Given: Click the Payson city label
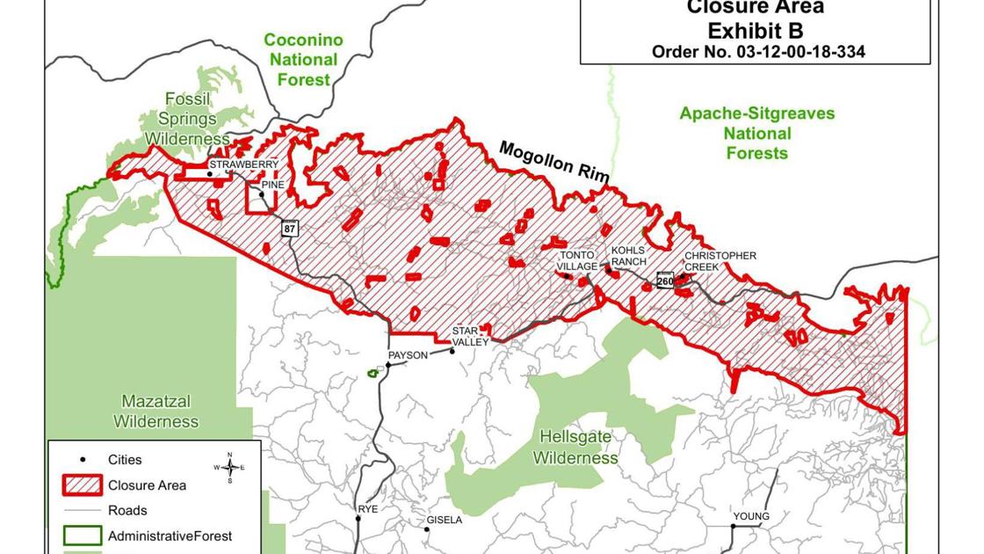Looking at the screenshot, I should [408, 355].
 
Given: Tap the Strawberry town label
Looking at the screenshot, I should [243, 164].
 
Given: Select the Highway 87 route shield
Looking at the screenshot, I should [289, 229].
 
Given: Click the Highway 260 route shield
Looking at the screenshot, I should [665, 281].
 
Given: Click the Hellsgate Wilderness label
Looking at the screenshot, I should [575, 448].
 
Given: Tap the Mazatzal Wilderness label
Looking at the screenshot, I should [156, 412].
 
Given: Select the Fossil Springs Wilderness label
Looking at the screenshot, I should [187, 119].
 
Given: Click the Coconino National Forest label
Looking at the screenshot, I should [303, 60].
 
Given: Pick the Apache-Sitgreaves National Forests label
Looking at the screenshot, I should [756, 133].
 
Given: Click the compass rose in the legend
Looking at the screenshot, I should [229, 467].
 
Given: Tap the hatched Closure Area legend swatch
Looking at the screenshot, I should [83, 485].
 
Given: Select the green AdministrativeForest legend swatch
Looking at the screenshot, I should [83, 536].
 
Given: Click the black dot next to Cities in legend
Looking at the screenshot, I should [83, 459].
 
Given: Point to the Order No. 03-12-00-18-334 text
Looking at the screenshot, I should [757, 52].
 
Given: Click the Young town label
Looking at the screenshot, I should [751, 516].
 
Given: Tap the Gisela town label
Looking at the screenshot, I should [444, 520].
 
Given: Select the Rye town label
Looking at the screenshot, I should [367, 509].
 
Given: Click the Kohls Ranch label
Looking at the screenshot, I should [628, 256].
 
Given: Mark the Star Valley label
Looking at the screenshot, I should [470, 337].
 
